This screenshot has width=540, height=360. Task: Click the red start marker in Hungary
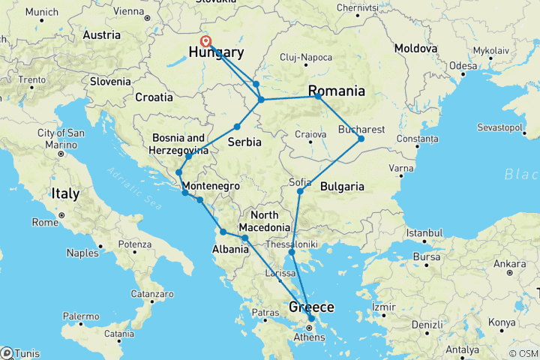coord(205,42)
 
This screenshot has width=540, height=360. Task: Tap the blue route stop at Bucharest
coord(361,139)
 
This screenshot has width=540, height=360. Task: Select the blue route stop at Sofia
coord(300,192)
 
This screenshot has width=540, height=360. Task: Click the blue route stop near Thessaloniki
coord(292,252)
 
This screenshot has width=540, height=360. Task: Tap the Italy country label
coord(65,193)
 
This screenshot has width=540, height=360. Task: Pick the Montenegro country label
coord(208,185)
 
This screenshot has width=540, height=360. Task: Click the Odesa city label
coord(463,66)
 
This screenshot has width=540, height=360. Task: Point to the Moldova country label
coord(415,48)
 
